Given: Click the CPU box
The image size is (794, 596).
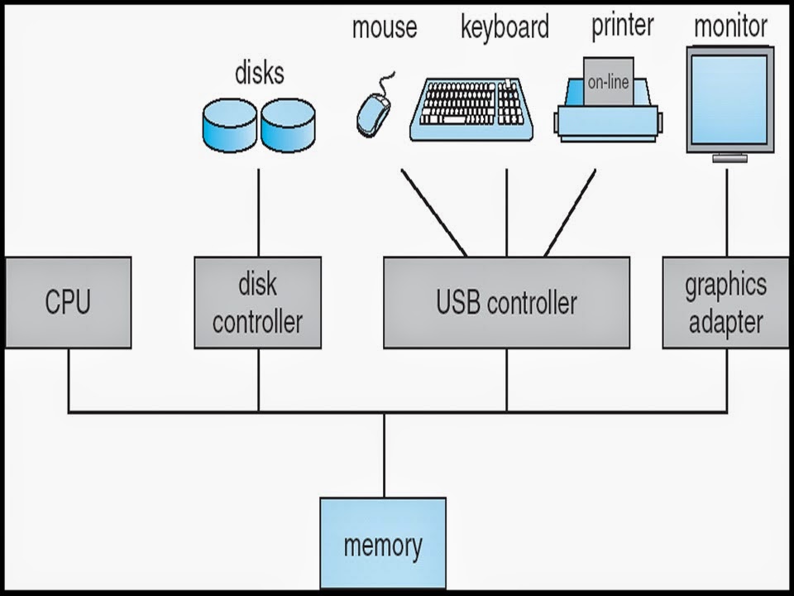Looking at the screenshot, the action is coord(68,303).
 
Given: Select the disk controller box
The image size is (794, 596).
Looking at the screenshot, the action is coord(258,303).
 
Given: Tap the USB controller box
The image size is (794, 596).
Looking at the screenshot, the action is coord(506,303).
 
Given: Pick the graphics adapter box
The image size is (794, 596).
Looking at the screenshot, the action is coord(725,303).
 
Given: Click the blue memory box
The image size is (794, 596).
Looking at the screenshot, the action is coord(383,543).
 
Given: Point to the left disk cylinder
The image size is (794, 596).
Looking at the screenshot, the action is coord(229,125).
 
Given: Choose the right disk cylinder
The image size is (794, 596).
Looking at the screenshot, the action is coord(288,125).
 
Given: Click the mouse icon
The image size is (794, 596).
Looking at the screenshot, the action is coord(375,109).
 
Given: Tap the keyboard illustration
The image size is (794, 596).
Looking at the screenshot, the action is coord(471,109).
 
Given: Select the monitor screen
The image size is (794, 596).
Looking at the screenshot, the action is coord(729,99).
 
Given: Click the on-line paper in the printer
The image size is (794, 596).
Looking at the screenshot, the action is coord(608,82).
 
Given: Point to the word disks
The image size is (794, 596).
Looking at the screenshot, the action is coord(260,74).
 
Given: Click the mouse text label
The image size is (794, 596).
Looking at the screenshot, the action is coord(385,27).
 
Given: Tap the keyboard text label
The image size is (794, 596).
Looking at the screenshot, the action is coord(505,27).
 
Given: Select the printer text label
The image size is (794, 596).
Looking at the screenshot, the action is coord(623,26).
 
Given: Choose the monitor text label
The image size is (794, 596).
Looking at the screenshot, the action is coord(730,26).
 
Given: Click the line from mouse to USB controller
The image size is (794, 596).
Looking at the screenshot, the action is coord(434,213).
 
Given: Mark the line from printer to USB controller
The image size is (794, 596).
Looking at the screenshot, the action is coord(570,213).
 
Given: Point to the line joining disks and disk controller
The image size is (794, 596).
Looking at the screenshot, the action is coord(258,213).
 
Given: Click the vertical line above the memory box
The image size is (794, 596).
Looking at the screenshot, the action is coord(384,455).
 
